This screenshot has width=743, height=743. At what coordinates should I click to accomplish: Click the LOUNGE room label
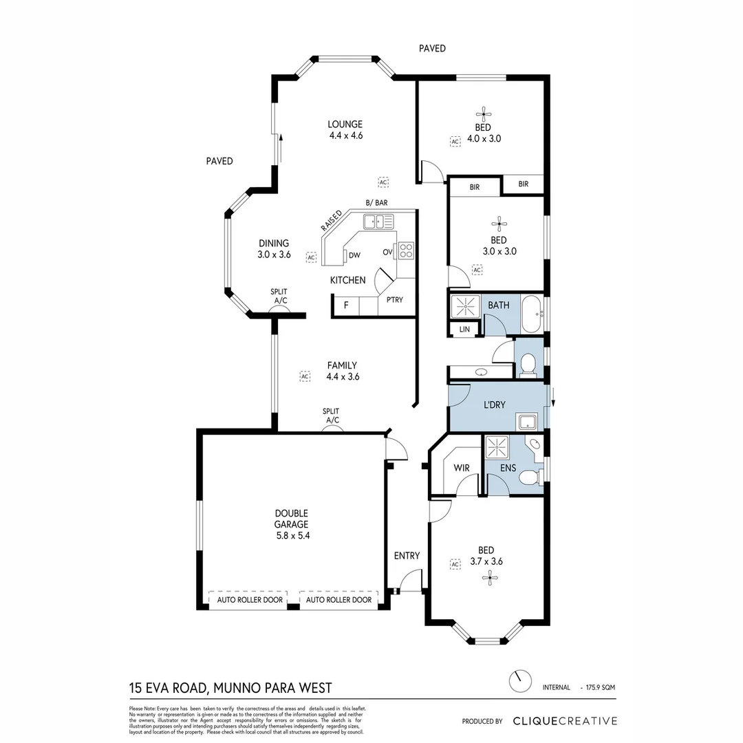(345, 125)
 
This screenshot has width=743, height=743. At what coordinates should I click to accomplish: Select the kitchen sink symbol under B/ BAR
(378, 222)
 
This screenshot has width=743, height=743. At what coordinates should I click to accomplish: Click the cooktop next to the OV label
(406, 250)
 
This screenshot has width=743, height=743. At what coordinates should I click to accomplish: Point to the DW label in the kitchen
(355, 255)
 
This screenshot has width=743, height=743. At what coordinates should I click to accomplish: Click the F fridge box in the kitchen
(346, 305)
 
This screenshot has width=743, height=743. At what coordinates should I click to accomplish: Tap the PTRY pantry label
(394, 300)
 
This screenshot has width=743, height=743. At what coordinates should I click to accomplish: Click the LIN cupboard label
(464, 330)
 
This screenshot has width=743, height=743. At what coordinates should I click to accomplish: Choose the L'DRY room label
(494, 405)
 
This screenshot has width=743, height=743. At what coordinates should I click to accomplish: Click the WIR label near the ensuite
(461, 468)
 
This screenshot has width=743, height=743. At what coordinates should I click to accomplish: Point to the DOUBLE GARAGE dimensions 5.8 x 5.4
(292, 535)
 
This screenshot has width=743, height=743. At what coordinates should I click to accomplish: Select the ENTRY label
(407, 556)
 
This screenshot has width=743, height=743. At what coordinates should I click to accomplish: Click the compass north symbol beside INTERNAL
(519, 681)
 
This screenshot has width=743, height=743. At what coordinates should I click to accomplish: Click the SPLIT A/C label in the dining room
(279, 297)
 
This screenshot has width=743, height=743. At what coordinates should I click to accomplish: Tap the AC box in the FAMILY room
(305, 376)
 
